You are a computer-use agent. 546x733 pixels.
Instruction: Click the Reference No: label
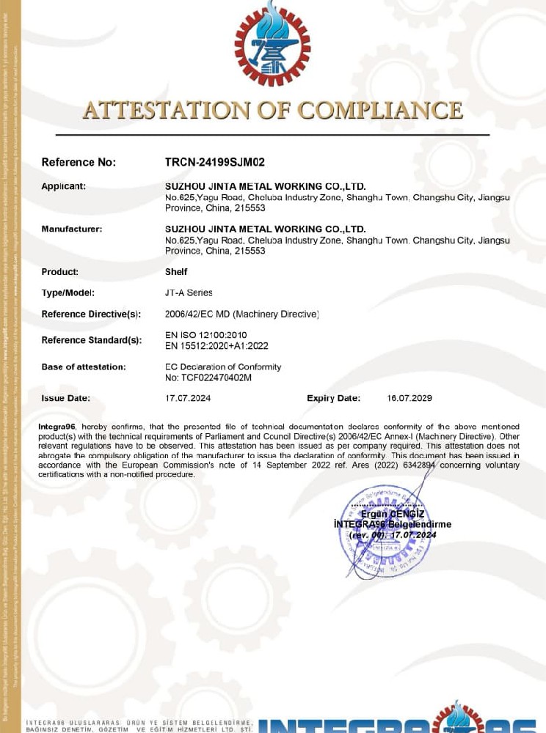click(79, 162)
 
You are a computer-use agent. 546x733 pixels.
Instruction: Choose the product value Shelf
click(176, 272)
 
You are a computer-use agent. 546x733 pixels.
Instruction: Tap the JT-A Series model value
click(189, 292)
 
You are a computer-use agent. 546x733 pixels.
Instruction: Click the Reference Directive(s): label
click(91, 314)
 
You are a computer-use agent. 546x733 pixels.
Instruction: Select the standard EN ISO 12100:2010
click(206, 335)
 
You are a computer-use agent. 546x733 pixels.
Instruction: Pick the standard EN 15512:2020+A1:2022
click(216, 345)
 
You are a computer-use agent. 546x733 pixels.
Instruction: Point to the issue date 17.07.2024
click(188, 399)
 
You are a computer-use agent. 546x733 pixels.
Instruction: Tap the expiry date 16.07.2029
click(409, 399)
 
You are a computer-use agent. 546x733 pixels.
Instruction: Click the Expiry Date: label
click(333, 399)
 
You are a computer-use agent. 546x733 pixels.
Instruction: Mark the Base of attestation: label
click(83, 366)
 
